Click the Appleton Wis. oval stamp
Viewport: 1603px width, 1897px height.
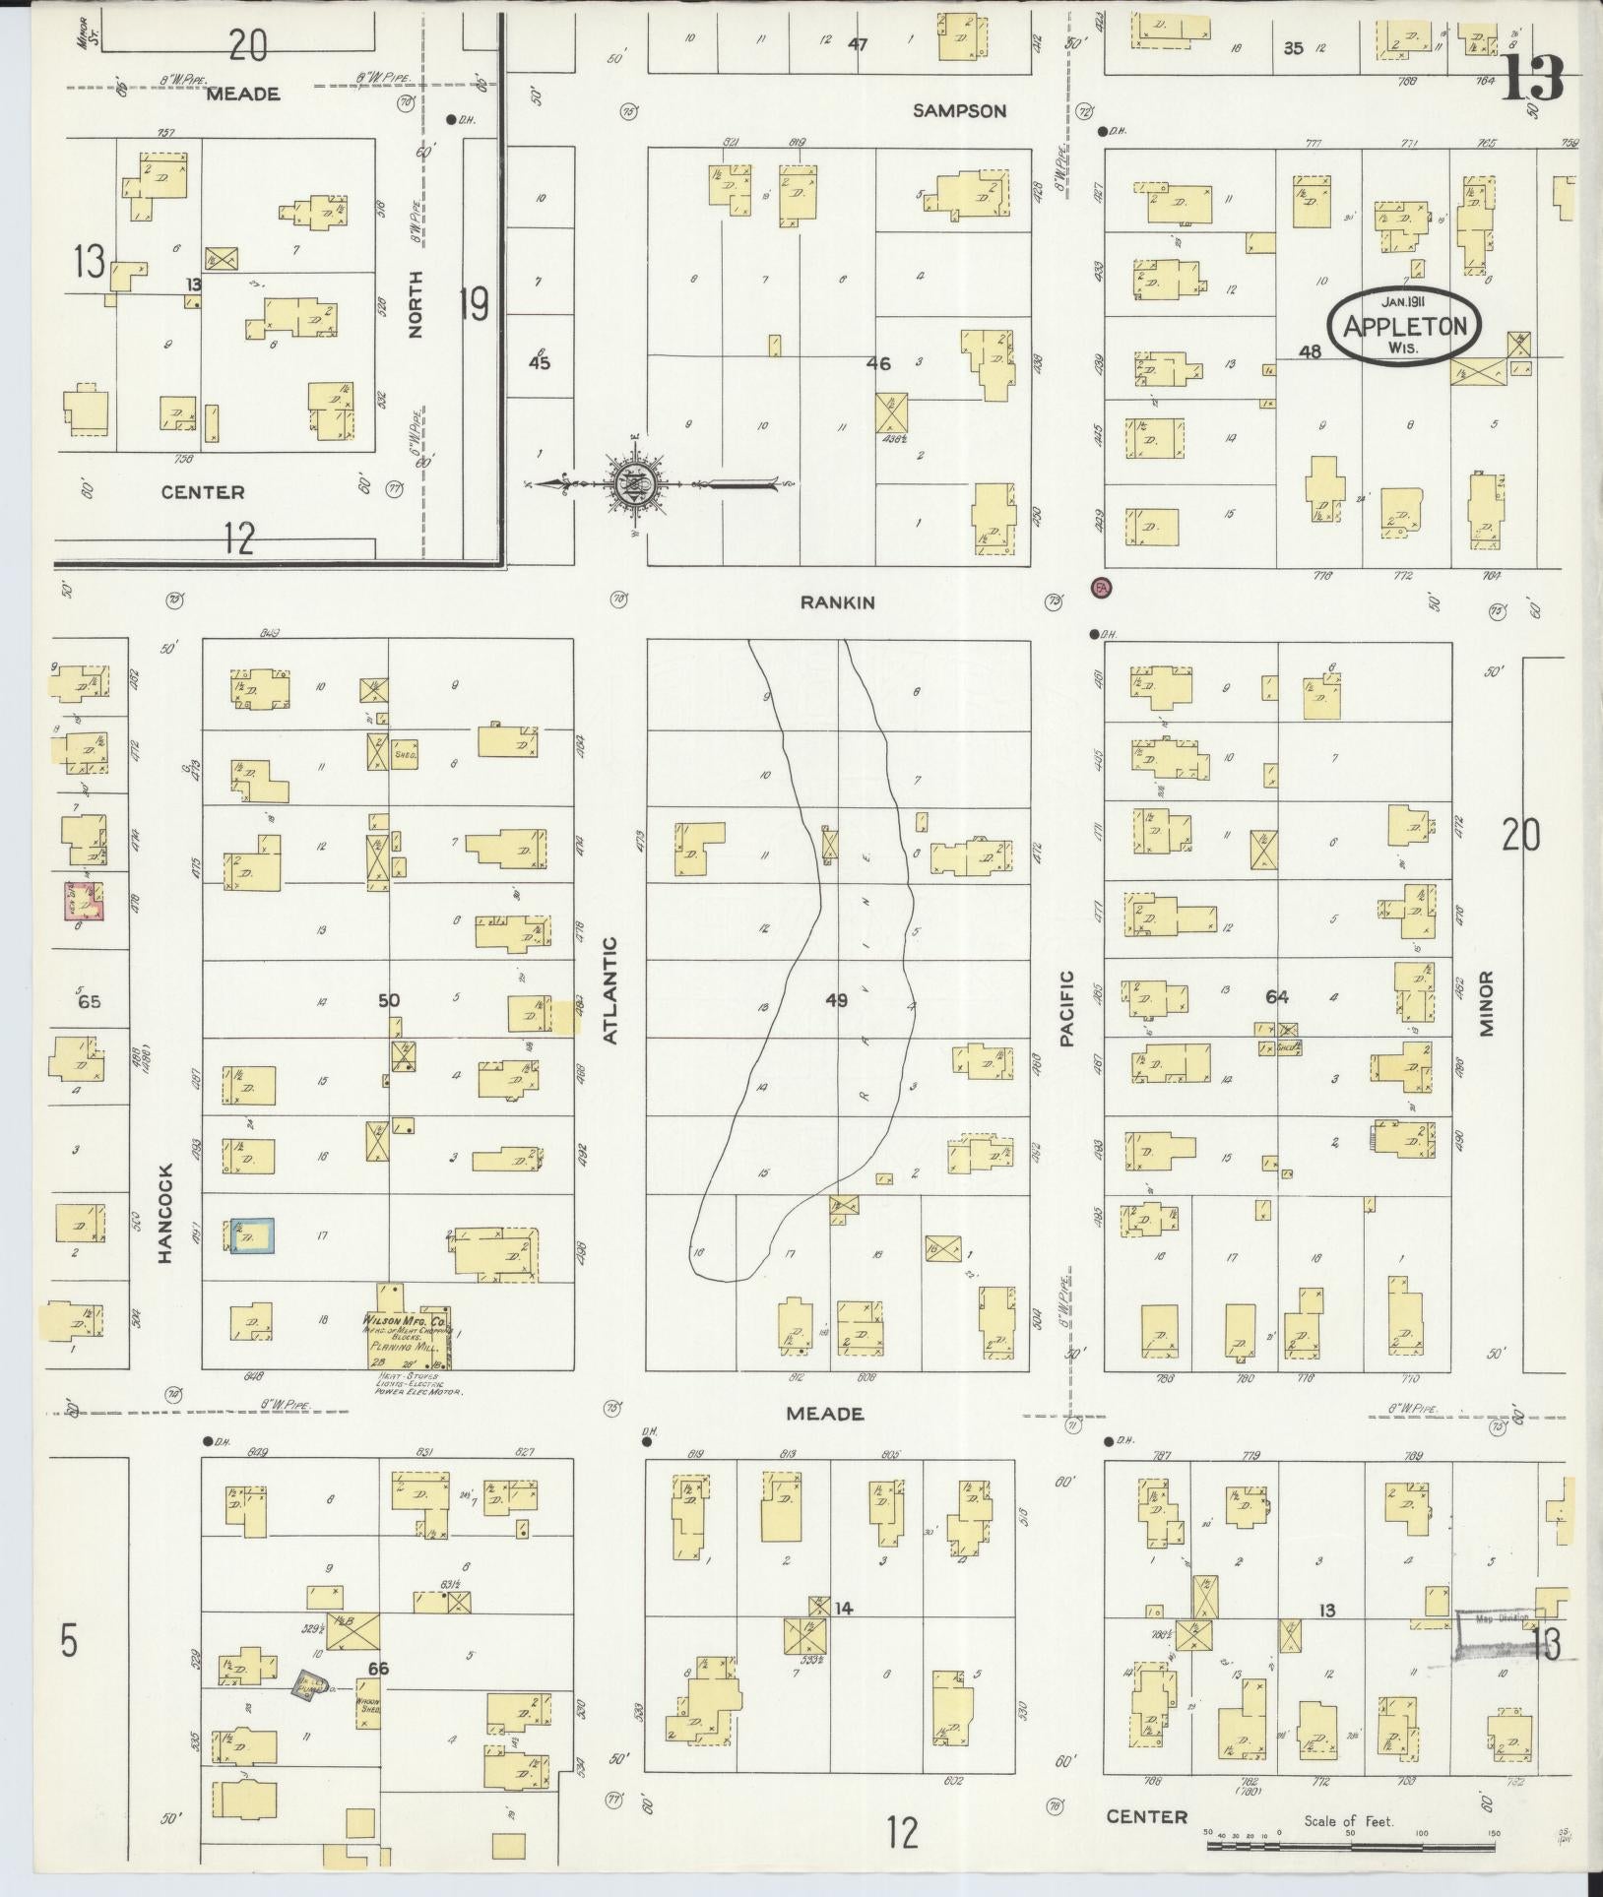coord(1404,327)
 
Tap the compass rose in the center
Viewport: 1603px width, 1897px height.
coord(630,483)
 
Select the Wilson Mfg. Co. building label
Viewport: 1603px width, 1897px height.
coord(408,1320)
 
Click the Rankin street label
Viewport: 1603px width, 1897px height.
coord(838,602)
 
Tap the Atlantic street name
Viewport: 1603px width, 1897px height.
coord(610,990)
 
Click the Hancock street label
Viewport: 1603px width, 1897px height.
coord(164,1213)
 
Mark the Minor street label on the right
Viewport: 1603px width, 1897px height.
coord(1485,1004)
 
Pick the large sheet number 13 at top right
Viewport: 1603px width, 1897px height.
coord(1533,78)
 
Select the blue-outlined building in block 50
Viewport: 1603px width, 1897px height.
coord(252,1235)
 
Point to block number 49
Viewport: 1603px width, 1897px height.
coord(836,1000)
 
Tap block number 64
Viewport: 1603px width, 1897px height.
coord(1277,997)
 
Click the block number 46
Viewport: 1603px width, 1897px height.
coord(877,363)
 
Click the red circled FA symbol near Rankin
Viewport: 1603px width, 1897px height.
coord(1101,588)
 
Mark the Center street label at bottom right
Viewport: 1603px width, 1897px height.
coord(1146,1816)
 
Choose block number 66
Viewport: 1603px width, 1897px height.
coord(378,1669)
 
